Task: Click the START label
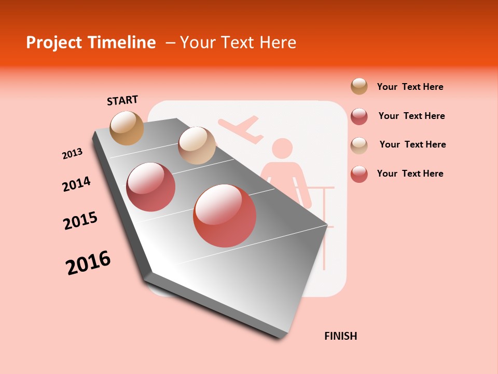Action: (x=122, y=100)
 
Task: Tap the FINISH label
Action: (x=341, y=336)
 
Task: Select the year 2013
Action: (x=72, y=154)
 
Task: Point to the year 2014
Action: (x=76, y=184)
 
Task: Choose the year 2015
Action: (x=80, y=221)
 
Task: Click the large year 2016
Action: (x=88, y=263)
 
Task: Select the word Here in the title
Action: (x=278, y=43)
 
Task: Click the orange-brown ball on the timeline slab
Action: (x=127, y=128)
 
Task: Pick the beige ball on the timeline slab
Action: (x=197, y=145)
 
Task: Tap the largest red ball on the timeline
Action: (x=225, y=216)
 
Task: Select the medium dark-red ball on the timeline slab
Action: (x=151, y=187)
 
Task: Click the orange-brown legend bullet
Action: (x=359, y=86)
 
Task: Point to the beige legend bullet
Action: (x=359, y=145)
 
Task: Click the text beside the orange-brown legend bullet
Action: (x=410, y=87)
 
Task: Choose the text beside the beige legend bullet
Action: (x=412, y=144)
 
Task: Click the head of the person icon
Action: (x=282, y=149)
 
